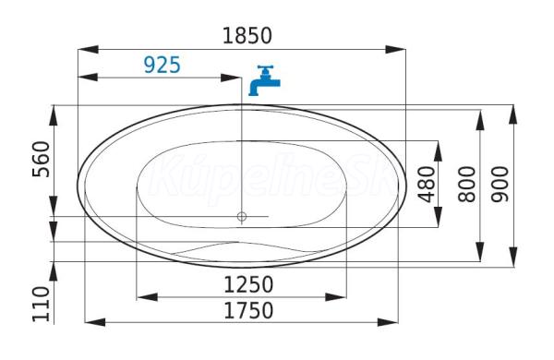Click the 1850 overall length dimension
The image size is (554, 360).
click(x=247, y=36)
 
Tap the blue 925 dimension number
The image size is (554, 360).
click(x=163, y=65)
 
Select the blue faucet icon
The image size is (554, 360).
click(x=264, y=80)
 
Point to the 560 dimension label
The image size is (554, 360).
click(x=41, y=159)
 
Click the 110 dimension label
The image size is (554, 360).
click(x=41, y=305)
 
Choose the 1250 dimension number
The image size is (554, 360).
click(x=248, y=284)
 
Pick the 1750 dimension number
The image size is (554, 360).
click(x=248, y=310)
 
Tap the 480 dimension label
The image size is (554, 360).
click(x=426, y=185)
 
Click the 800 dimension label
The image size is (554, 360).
click(x=466, y=185)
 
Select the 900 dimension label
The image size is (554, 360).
click(x=500, y=185)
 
